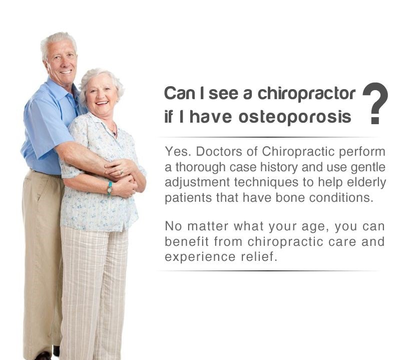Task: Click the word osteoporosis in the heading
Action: click(295, 117)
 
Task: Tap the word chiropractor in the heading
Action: click(306, 94)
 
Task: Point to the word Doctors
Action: click(224, 151)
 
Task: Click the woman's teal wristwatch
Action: click(110, 188)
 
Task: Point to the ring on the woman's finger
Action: click(122, 172)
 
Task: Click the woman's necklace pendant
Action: click(115, 133)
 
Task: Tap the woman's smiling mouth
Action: click(102, 103)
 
